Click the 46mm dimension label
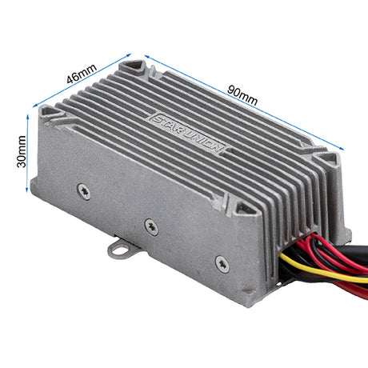(82, 74)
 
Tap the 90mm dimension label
(242, 95)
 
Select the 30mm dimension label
(22, 151)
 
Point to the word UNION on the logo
(202, 142)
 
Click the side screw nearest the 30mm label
(84, 191)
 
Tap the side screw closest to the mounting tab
(151, 227)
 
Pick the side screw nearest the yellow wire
(222, 264)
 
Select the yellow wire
(322, 270)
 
